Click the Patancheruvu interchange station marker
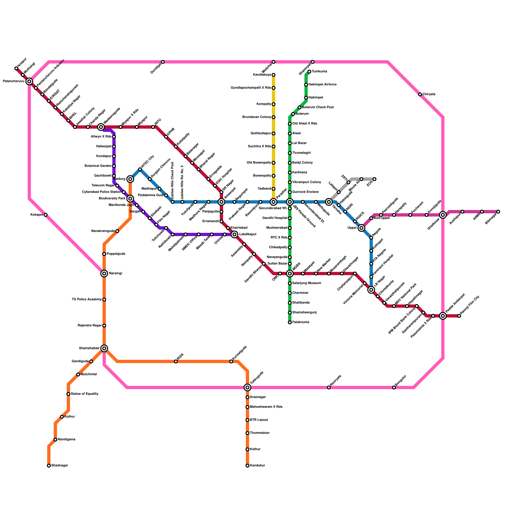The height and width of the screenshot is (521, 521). pos(29,81)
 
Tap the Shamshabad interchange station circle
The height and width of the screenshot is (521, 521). pos(104,348)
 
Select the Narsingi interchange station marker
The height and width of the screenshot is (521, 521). pos(104,274)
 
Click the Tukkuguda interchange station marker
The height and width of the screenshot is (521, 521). pos(247,387)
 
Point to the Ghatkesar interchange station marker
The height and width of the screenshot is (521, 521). pos(443,215)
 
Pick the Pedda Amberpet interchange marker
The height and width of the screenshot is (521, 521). pos(443,316)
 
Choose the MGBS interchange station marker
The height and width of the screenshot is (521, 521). pos(290,274)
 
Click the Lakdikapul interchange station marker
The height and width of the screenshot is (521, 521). pos(234,234)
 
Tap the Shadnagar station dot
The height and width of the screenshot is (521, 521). pos(49,466)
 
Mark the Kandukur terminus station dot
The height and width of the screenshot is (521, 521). pos(247,466)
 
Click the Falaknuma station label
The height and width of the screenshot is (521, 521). pos(301,322)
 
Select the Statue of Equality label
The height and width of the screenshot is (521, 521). pos(84,394)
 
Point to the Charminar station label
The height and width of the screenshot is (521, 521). pos(301,293)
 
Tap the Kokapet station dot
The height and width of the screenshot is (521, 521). pos(46,215)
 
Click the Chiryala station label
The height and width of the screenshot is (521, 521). pos(429,94)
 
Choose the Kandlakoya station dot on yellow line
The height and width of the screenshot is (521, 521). pos(274,75)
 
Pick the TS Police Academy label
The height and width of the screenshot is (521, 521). pos(87,300)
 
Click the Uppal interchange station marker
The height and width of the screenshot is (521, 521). pos(361,228)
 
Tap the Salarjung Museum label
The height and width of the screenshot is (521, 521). pos(306,283)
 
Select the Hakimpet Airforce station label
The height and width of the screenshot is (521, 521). pos(322,85)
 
